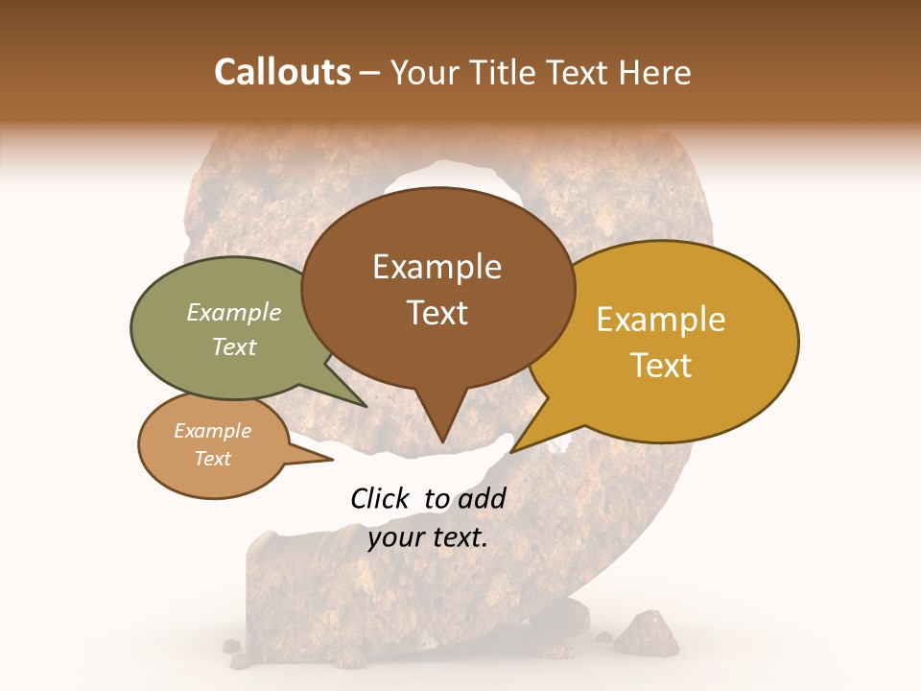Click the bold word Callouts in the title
(282, 72)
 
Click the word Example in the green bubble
(234, 312)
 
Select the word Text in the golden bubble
(662, 366)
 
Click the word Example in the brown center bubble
(437, 267)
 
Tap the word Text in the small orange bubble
(212, 459)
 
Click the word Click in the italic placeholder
(382, 498)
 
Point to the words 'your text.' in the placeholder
(428, 537)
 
